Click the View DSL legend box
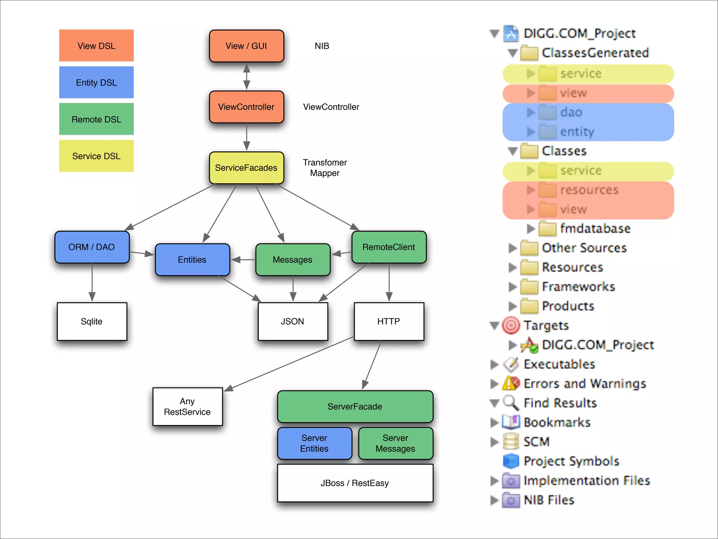point(96,46)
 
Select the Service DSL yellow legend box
point(96,156)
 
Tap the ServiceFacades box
point(246,168)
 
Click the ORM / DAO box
point(92,247)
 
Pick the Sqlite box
point(92,321)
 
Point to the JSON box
point(292,321)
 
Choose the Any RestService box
point(188,406)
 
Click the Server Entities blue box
point(314,443)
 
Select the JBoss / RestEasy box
point(355,483)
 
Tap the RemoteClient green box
point(389,247)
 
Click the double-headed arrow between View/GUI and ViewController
point(246,76)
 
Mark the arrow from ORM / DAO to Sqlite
point(92,282)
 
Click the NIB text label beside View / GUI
point(322,46)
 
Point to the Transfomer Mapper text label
point(325,168)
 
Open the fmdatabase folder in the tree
point(595,228)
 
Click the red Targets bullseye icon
point(511,325)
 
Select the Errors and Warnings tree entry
point(584,384)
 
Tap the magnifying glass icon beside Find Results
point(511,403)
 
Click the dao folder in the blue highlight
point(571,112)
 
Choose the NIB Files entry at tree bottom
point(549,500)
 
